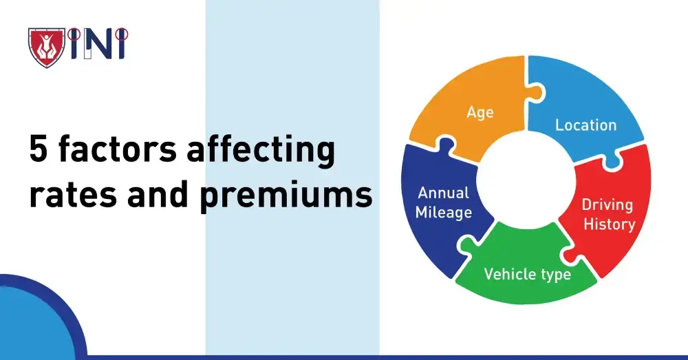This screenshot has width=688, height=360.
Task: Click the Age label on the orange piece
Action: click(480, 112)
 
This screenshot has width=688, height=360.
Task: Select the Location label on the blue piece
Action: click(585, 125)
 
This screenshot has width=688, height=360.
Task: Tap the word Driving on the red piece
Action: click(607, 204)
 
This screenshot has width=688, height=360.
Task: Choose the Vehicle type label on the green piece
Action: click(527, 274)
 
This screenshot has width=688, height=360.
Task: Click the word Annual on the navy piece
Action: click(444, 193)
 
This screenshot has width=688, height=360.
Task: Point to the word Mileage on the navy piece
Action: click(444, 213)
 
